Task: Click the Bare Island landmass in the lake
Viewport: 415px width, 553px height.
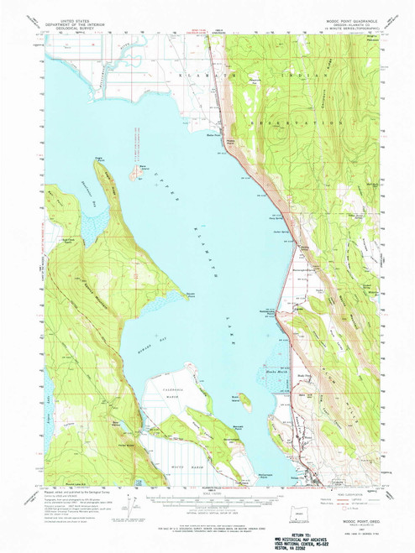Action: (134, 173)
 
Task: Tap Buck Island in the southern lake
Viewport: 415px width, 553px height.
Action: (245, 399)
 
